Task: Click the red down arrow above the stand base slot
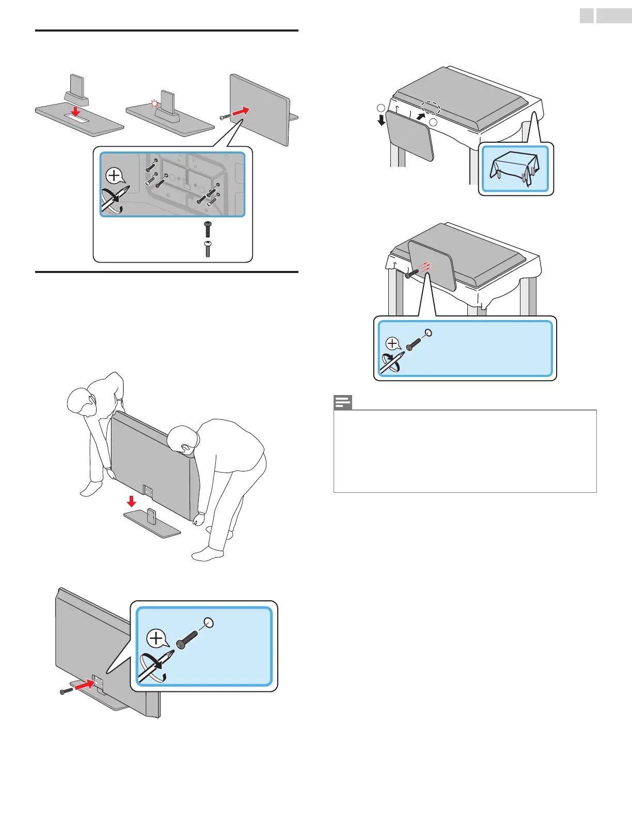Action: [x=75, y=112]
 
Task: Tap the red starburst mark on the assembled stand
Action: [x=154, y=104]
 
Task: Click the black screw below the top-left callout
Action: [x=208, y=229]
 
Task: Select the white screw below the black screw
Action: [x=208, y=249]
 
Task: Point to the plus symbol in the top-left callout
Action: [x=114, y=176]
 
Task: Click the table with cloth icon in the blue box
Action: [x=515, y=169]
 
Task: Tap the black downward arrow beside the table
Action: [x=382, y=120]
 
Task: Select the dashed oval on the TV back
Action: [x=430, y=107]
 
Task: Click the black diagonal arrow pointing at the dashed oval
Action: [x=420, y=116]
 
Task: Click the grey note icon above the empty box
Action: [x=343, y=402]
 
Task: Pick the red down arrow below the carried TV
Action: [x=132, y=501]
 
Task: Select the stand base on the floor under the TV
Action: [x=152, y=523]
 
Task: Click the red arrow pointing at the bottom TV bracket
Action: [x=86, y=685]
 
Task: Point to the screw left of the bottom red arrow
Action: [x=66, y=691]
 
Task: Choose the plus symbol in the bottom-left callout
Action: [x=156, y=638]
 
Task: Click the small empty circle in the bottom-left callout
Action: [x=209, y=622]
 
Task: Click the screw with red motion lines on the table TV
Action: [x=411, y=272]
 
